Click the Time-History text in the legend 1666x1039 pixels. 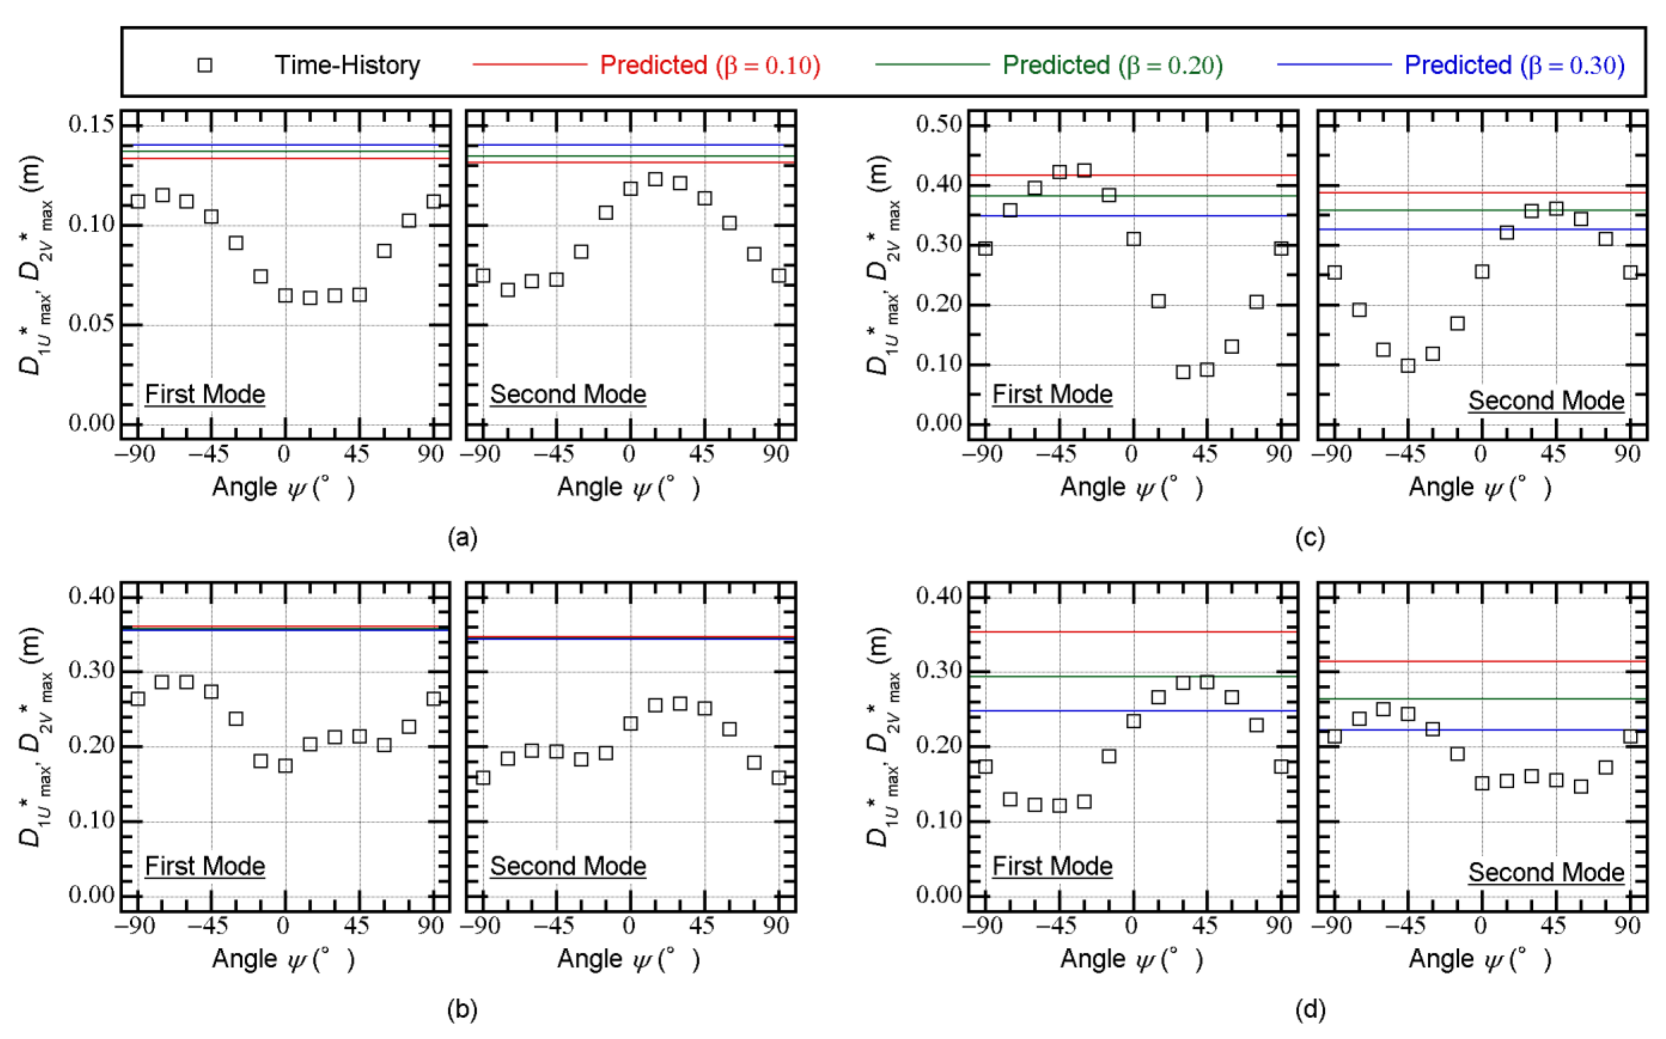tap(347, 65)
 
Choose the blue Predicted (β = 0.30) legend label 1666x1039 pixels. tap(1514, 65)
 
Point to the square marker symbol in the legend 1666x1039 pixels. tap(205, 65)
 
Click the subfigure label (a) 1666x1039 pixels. tap(462, 537)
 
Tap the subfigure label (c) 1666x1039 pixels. tap(1310, 537)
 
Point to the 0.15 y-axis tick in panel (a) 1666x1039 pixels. tap(91, 124)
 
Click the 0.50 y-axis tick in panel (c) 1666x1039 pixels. tap(939, 124)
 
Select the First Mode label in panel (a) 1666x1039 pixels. tap(205, 395)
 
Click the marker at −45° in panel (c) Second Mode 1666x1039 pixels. tap(1408, 365)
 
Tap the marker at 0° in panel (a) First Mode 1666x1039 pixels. tap(285, 295)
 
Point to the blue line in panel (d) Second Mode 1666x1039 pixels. tap(1443, 730)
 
